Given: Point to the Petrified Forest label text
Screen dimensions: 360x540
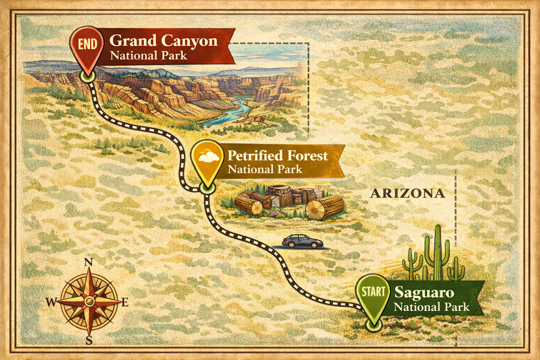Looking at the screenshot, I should click(x=277, y=156).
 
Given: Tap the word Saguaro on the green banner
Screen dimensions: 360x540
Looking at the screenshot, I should click(x=424, y=293).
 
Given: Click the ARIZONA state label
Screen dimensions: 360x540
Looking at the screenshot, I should click(x=408, y=193).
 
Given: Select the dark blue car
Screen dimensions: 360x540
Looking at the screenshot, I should click(x=303, y=241).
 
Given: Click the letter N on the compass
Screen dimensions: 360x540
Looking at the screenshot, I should click(x=89, y=263).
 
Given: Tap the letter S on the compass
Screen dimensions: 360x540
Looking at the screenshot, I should click(x=89, y=340).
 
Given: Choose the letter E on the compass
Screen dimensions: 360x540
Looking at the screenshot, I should click(x=125, y=302).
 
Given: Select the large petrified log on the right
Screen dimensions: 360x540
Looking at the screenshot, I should click(x=325, y=207).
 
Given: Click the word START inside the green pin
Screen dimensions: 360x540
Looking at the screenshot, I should click(x=373, y=292).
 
